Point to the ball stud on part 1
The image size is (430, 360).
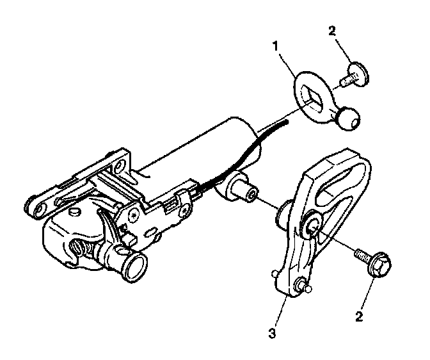click(x=349, y=119)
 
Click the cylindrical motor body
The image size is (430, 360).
click(x=198, y=154)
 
